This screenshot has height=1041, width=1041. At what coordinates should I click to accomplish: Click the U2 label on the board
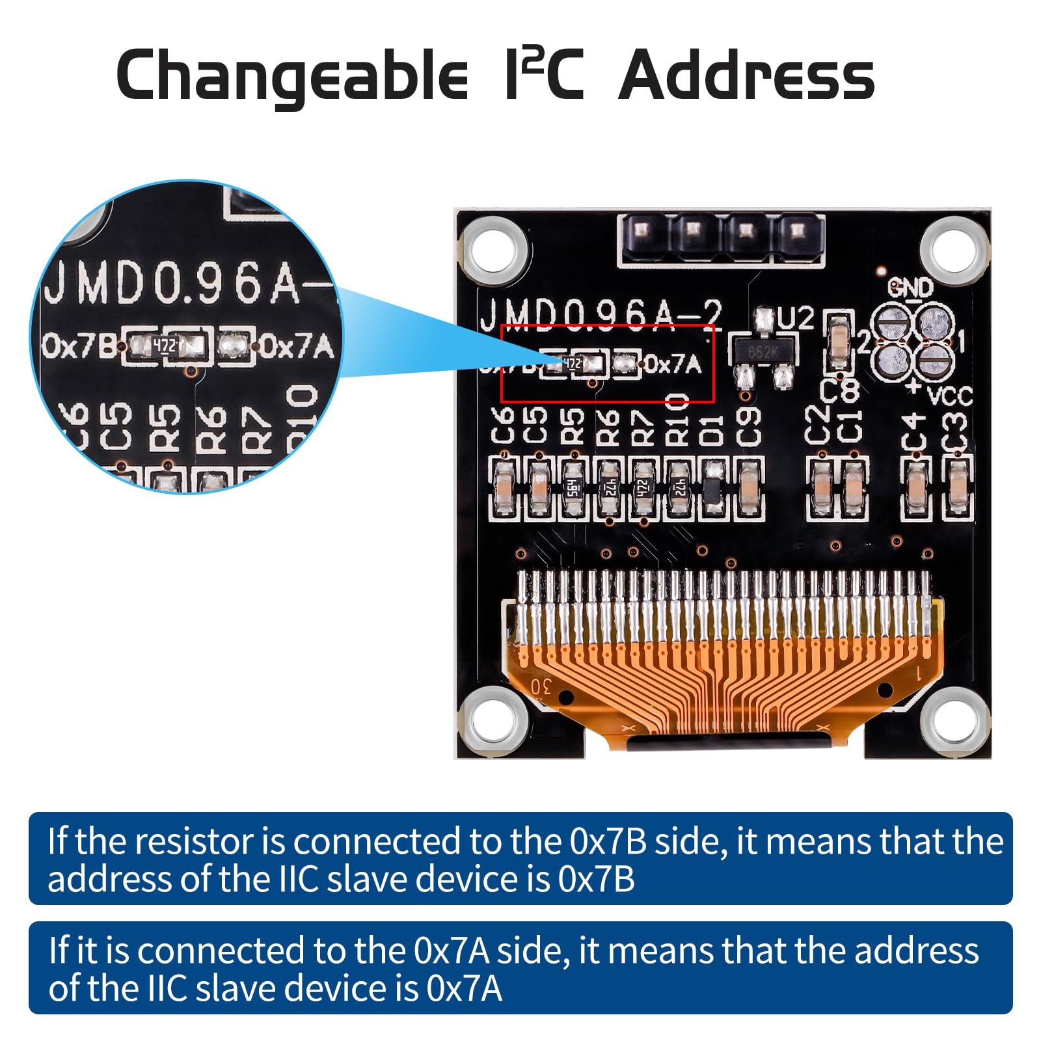click(796, 319)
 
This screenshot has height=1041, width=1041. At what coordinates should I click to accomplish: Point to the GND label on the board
click(911, 287)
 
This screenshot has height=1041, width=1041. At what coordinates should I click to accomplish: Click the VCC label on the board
click(949, 395)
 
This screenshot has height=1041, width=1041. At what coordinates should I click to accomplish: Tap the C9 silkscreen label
click(748, 427)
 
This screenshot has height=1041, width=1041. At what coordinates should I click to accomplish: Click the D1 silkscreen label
click(712, 429)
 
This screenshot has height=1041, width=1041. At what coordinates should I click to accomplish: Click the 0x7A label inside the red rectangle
click(673, 364)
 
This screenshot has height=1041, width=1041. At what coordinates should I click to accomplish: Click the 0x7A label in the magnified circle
click(297, 346)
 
